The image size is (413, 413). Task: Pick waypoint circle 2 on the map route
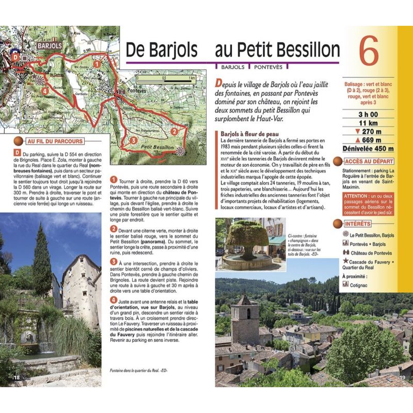pos(174,132)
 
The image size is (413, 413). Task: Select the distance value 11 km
pos(367,123)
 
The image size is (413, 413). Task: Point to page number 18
pos(17,378)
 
